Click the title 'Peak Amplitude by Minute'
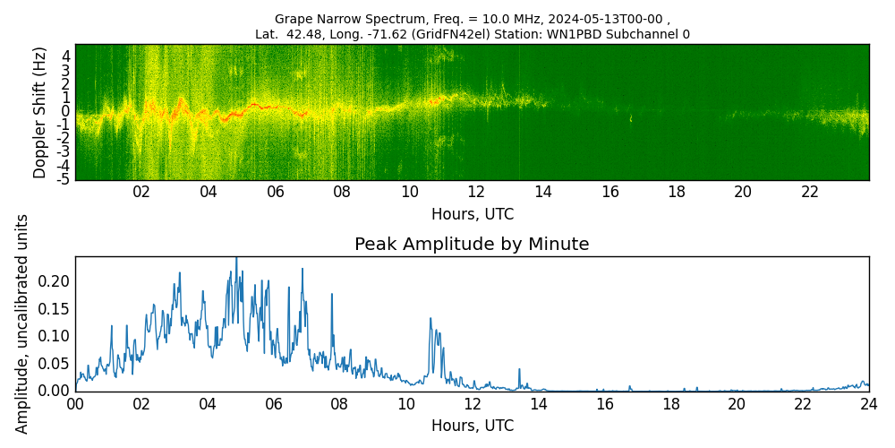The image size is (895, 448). [472, 245]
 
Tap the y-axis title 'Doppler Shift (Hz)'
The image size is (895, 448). [39, 112]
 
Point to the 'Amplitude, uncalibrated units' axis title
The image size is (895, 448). [22, 323]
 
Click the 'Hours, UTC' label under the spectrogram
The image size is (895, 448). [472, 215]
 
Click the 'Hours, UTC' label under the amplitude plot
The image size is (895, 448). [472, 426]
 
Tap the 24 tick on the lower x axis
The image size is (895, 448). [868, 404]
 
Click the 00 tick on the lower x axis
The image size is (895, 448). [75, 404]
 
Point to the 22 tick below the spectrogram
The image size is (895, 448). [810, 192]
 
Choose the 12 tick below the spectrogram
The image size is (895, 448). [476, 192]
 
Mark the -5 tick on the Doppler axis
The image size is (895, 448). [64, 179]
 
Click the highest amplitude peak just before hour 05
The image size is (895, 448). [236, 258]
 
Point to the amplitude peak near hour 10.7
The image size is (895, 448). [430, 318]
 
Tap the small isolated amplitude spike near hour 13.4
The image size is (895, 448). [519, 368]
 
